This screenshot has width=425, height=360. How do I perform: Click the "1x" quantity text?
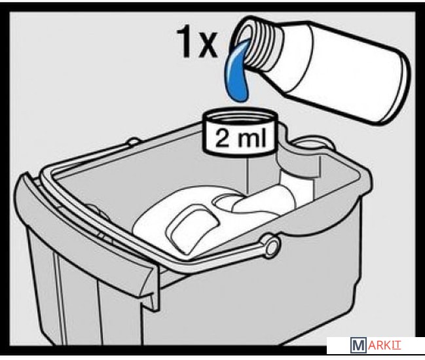(197, 43)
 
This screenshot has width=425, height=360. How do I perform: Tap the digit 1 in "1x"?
(185, 42)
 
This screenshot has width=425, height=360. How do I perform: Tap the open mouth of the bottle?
(242, 39)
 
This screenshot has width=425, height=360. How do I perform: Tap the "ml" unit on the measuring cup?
(253, 137)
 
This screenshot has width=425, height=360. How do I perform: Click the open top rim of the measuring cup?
(240, 116)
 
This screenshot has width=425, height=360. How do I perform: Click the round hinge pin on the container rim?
(270, 245)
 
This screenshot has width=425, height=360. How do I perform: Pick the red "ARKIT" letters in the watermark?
(384, 346)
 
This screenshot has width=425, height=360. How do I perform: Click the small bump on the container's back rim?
(134, 141)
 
